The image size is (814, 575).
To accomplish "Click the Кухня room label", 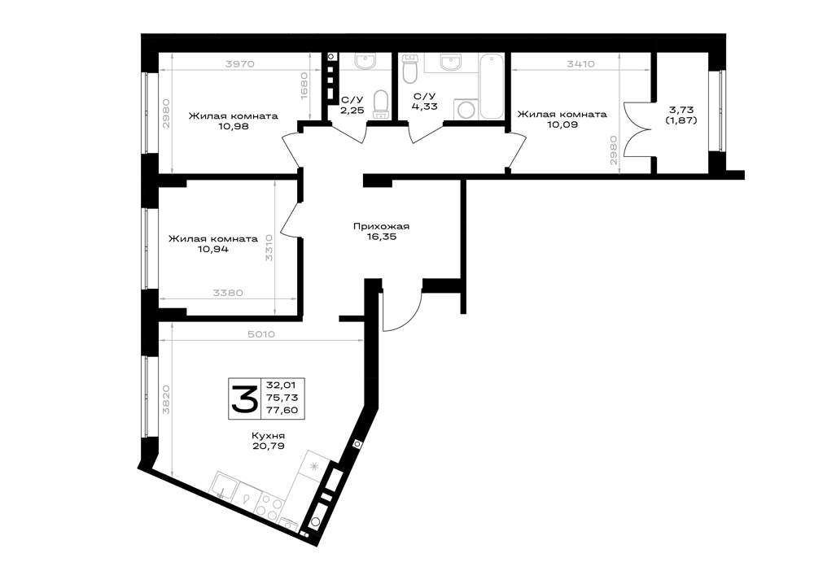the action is click(269, 436).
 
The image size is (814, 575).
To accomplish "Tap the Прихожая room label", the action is click(381, 226).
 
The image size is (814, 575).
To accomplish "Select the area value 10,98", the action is click(232, 125).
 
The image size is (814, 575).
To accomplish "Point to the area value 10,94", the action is click(212, 249).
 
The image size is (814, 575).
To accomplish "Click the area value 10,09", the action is click(562, 124).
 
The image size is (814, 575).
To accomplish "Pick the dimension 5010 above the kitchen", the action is click(261, 334).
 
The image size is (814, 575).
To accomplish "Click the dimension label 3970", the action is click(239, 64).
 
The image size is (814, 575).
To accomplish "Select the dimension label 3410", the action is click(580, 64).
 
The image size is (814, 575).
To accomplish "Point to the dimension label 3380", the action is click(228, 293).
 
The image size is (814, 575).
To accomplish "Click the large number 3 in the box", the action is click(244, 399).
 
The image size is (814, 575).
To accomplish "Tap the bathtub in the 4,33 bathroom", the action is click(491, 85).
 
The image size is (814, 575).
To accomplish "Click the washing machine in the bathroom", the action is click(466, 110).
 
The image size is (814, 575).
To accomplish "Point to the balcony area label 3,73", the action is click(681, 110).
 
